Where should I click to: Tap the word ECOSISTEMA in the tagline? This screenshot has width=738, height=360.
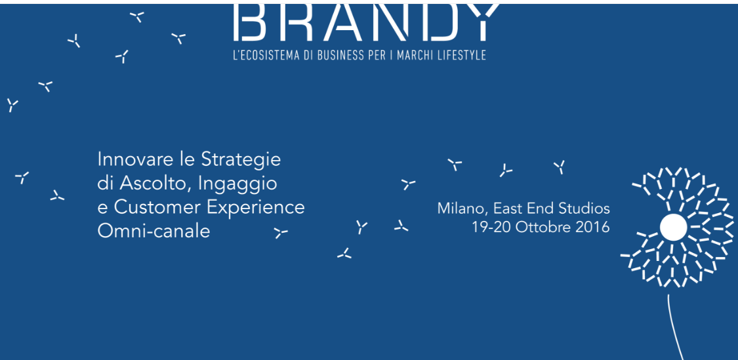click(x=268, y=55)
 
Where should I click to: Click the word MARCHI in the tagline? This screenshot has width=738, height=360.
click(x=414, y=55)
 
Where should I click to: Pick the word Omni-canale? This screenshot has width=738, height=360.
click(x=154, y=231)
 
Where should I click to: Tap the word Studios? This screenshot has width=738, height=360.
click(x=584, y=208)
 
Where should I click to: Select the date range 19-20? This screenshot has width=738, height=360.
click(x=491, y=228)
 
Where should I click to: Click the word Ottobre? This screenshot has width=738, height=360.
click(x=543, y=228)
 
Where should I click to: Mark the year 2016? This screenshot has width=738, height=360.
click(x=592, y=228)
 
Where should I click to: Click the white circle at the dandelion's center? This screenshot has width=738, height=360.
click(x=673, y=228)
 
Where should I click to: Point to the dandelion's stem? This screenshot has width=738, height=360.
click(x=674, y=327)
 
